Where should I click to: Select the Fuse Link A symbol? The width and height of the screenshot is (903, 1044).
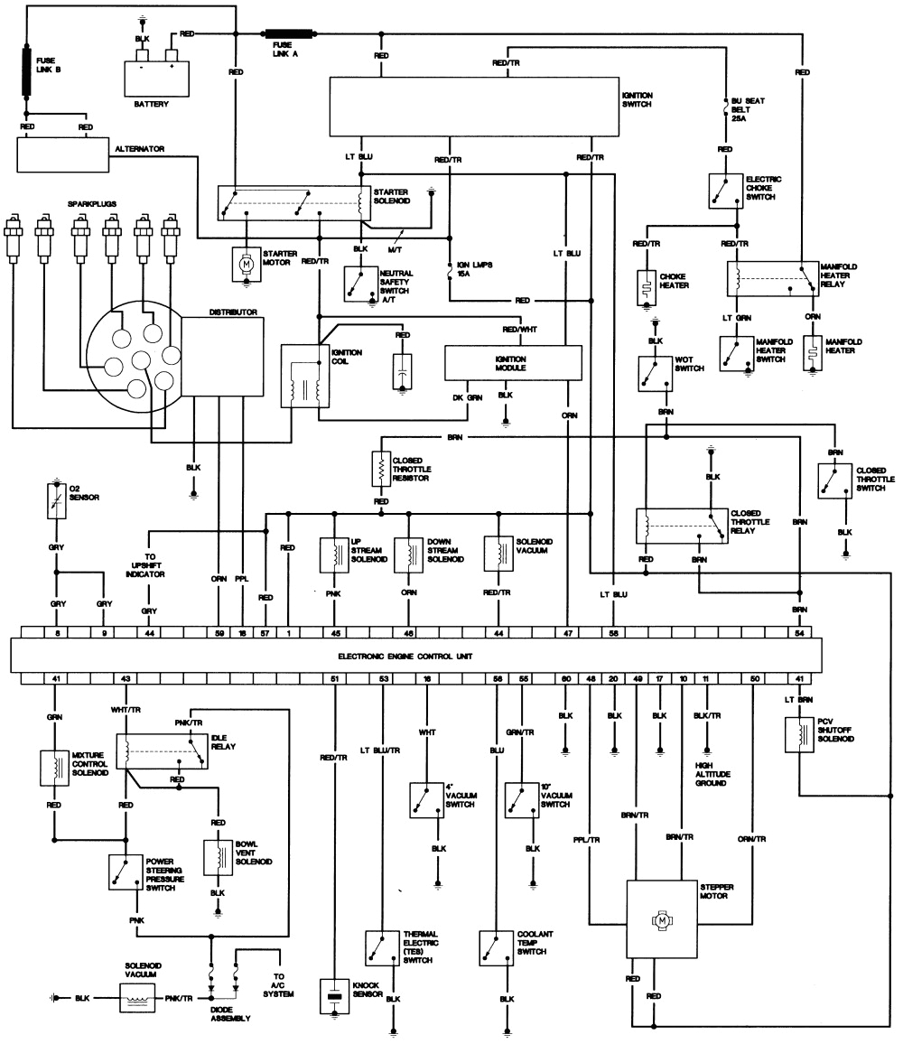point(290,34)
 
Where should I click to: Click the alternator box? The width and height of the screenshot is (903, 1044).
point(63,154)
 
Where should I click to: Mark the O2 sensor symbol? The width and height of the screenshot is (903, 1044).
point(56,500)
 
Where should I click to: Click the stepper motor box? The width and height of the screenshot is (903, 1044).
point(664,920)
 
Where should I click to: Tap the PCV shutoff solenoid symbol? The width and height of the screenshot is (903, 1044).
point(800,734)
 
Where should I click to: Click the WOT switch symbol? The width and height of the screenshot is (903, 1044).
point(652,369)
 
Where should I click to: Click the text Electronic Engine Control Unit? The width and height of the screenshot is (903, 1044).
point(405,655)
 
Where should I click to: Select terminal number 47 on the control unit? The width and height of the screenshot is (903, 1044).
point(568,634)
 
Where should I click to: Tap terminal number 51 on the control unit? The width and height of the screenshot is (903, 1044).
point(335,677)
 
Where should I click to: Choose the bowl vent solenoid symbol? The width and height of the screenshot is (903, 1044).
point(218,857)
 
